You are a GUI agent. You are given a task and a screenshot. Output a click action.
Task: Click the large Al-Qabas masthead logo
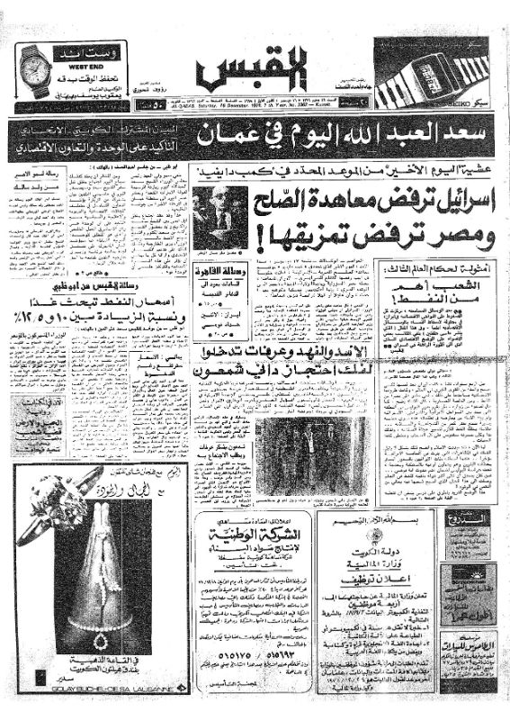(254, 67)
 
